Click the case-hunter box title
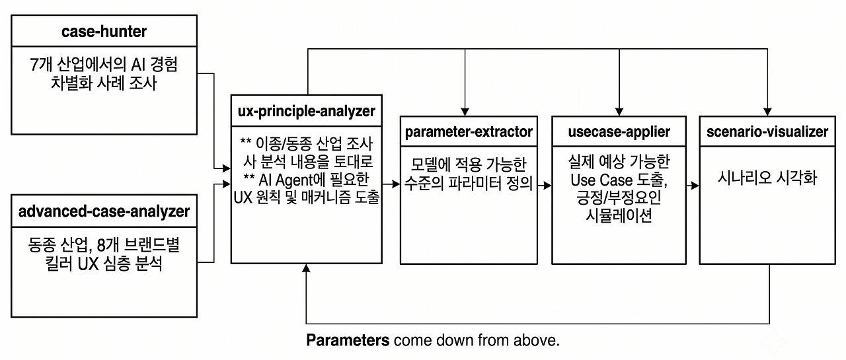tap(104, 31)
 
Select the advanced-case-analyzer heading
tap(104, 211)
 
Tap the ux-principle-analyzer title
tap(306, 112)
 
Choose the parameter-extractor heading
tap(469, 131)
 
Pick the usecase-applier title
tap(619, 131)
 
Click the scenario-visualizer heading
tap(767, 131)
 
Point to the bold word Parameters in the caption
tap(348, 340)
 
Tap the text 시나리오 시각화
tap(767, 178)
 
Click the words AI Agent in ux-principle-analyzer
tap(286, 180)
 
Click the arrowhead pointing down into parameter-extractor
tap(465, 112)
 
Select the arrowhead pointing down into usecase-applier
tap(619, 112)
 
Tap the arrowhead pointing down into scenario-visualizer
tap(767, 112)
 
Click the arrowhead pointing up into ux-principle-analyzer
tap(306, 268)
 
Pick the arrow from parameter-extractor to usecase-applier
tap(545, 185)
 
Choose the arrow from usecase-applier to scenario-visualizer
tap(693, 185)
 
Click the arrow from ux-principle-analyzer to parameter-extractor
tap(391, 184)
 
